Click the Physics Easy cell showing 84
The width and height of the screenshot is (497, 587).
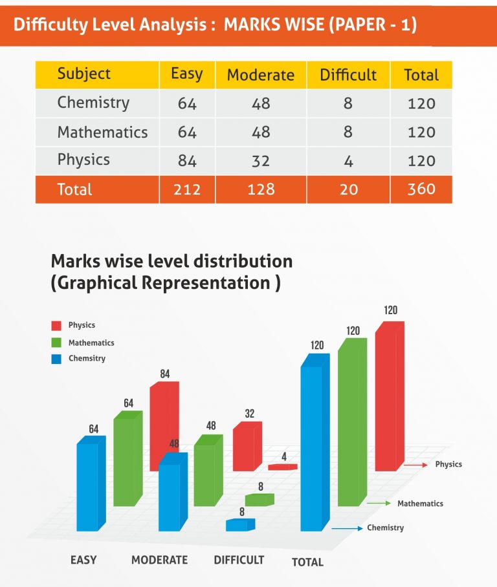click(187, 160)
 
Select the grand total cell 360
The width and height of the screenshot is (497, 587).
click(421, 189)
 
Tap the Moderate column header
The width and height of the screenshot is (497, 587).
click(261, 74)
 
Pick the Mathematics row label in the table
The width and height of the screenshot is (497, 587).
click(102, 132)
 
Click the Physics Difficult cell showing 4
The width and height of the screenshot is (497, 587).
click(348, 160)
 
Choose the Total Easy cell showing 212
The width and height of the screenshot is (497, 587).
click(187, 189)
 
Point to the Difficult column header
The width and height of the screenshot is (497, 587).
click(348, 74)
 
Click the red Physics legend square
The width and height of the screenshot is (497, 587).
click(56, 325)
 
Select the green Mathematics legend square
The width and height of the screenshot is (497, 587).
click(56, 343)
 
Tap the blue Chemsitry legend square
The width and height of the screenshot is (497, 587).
click(56, 359)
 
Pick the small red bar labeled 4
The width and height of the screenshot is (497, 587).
click(282, 467)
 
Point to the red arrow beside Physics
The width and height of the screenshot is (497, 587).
click(415, 465)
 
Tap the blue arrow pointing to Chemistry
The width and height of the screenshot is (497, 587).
click(348, 529)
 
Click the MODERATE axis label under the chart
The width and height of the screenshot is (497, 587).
click(159, 560)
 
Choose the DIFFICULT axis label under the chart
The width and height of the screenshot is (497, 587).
click(239, 560)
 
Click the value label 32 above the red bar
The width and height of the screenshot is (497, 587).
click(249, 414)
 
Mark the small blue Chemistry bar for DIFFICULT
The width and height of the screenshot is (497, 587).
click(239, 525)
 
